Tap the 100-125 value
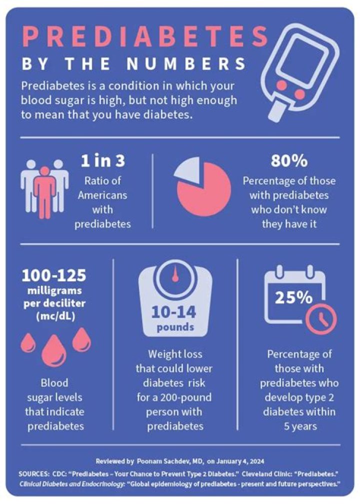[53, 275]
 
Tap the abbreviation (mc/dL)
[53, 316]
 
